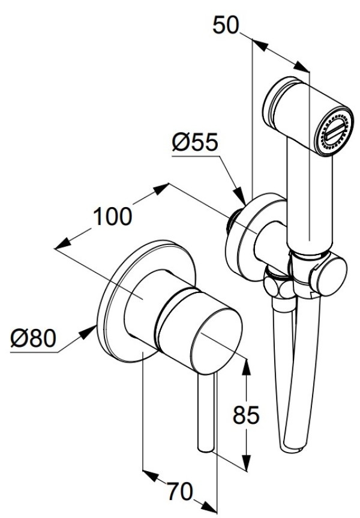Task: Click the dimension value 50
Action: tap(226, 26)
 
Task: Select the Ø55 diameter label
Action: tap(194, 143)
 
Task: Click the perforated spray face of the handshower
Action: tap(333, 132)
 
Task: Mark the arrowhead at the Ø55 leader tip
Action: tap(241, 197)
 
